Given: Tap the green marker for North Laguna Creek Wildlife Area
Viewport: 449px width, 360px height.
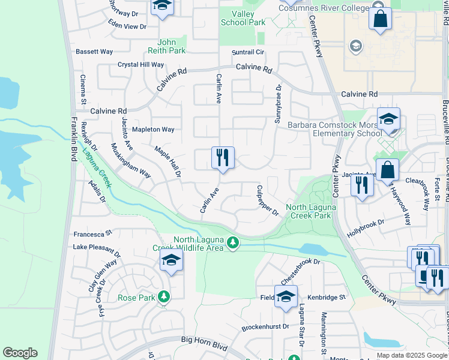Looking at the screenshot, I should [233, 243].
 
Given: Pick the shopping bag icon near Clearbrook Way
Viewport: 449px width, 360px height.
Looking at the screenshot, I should [388, 171].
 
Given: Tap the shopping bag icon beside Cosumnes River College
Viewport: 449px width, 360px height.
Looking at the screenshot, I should [380, 19].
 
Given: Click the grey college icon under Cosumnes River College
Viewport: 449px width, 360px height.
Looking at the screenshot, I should [355, 46].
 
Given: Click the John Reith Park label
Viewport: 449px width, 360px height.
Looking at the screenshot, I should [171, 47].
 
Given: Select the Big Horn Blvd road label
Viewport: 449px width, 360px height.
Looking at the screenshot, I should [205, 340].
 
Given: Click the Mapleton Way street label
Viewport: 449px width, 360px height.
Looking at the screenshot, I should [153, 129].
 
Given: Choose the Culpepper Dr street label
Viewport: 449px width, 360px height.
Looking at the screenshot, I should [268, 201].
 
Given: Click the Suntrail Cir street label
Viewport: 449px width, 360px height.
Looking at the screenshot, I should [249, 52].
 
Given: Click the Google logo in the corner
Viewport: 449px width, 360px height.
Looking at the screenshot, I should [20, 353].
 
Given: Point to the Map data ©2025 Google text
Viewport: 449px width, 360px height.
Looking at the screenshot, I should [411, 355].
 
